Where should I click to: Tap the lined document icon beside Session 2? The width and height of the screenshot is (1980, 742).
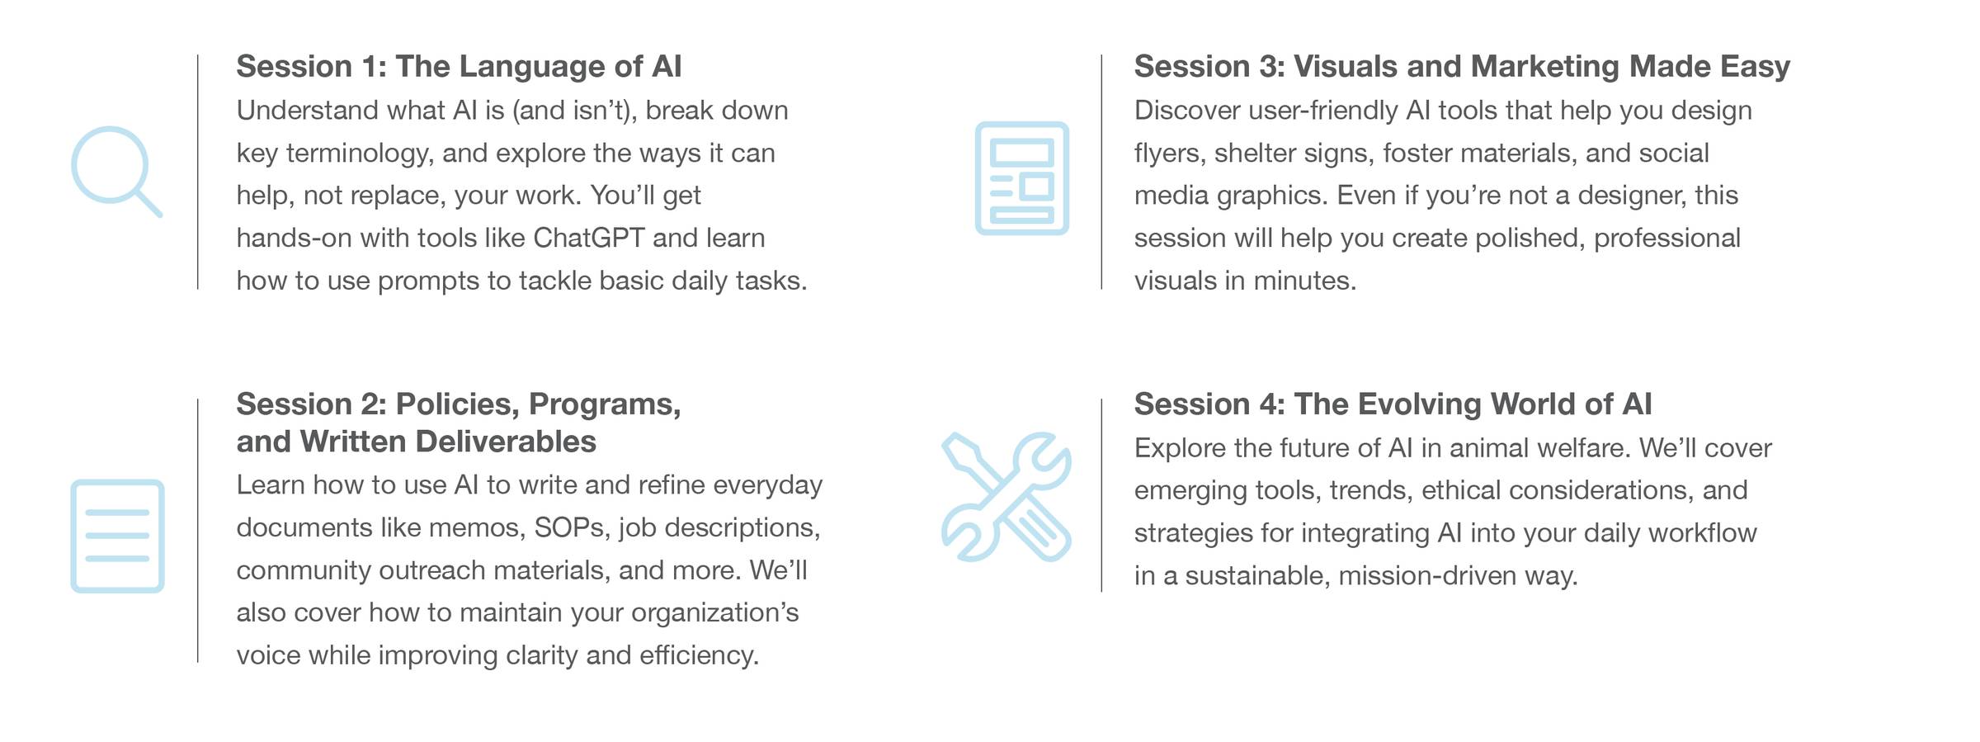[117, 536]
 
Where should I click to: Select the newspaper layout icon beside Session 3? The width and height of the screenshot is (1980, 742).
[1021, 178]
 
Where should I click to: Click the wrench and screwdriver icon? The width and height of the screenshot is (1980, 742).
[1006, 497]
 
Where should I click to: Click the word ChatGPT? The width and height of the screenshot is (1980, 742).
[589, 238]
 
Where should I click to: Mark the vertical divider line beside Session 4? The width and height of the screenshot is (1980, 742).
[1101, 495]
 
